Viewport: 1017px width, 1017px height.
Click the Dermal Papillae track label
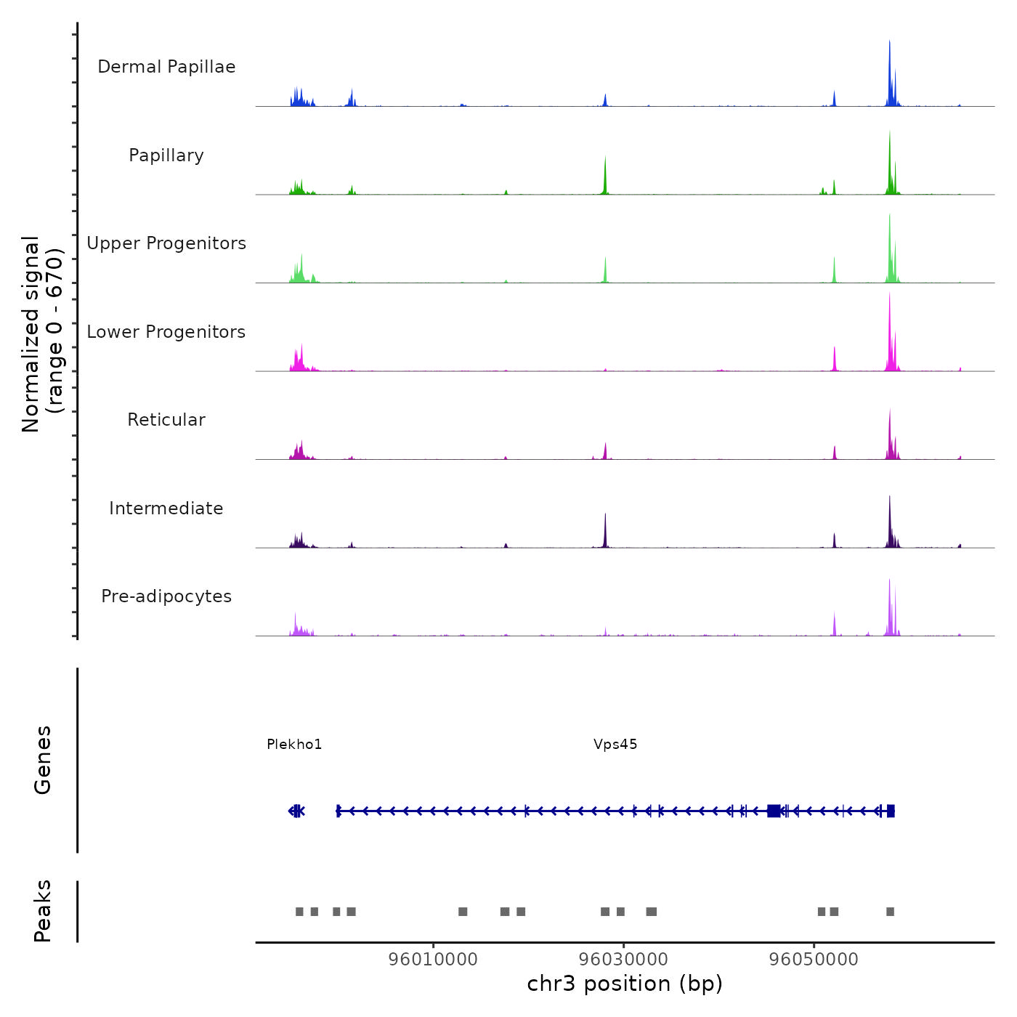pos(166,67)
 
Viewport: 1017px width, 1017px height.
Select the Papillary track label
pos(166,155)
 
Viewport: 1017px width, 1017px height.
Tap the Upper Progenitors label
pos(166,243)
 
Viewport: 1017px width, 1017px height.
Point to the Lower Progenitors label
pos(166,332)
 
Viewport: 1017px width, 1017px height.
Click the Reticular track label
pos(166,420)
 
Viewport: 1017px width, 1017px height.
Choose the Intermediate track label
pos(166,508)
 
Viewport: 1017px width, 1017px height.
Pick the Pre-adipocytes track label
pos(166,596)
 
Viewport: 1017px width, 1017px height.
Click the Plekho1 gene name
pos(294,744)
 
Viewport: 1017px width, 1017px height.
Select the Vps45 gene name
pos(615,744)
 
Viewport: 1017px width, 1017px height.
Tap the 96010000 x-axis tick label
pos(433,960)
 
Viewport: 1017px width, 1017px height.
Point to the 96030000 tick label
pos(623,960)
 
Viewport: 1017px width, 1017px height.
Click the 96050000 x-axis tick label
pos(814,960)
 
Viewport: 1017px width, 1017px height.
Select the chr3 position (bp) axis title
pos(625,984)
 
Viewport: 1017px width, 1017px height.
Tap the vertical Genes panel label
pos(43,760)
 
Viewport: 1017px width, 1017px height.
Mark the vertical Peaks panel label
pos(43,911)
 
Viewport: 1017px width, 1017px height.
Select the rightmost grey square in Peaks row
pos(890,912)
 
